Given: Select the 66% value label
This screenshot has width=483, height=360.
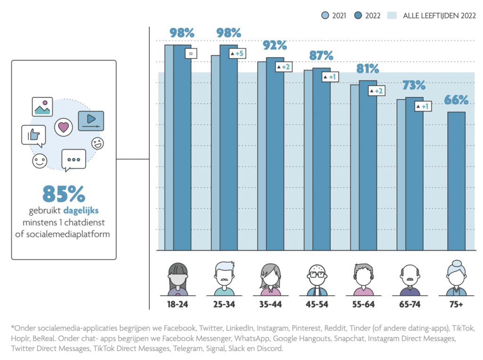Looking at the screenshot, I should point(456,100).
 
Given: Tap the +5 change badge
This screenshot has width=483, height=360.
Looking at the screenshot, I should point(237,54).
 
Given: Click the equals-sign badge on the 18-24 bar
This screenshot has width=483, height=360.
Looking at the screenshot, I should point(191,54).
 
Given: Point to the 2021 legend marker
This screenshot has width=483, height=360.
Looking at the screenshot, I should point(325,16).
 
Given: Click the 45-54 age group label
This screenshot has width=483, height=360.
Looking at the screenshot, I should point(317,304).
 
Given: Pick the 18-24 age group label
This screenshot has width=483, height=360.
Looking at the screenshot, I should point(178,304).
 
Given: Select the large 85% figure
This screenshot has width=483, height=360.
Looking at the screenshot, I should point(64,193).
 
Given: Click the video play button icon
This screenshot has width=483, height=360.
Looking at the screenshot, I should point(91,120).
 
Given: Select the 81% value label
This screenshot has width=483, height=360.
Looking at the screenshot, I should point(367,69).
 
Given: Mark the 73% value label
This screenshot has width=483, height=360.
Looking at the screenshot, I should point(414,85).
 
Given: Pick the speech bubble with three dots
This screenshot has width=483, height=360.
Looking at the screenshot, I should point(74,159).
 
